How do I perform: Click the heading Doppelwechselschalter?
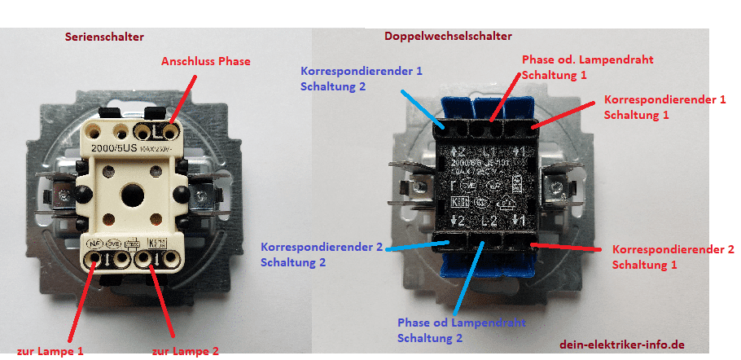(x=447, y=37)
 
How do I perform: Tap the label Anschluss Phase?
(x=205, y=61)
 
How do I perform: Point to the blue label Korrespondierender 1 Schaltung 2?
(x=361, y=78)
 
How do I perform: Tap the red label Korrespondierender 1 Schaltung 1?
(x=664, y=107)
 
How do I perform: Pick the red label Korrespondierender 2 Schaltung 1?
(x=673, y=257)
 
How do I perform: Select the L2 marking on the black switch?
(x=489, y=222)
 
